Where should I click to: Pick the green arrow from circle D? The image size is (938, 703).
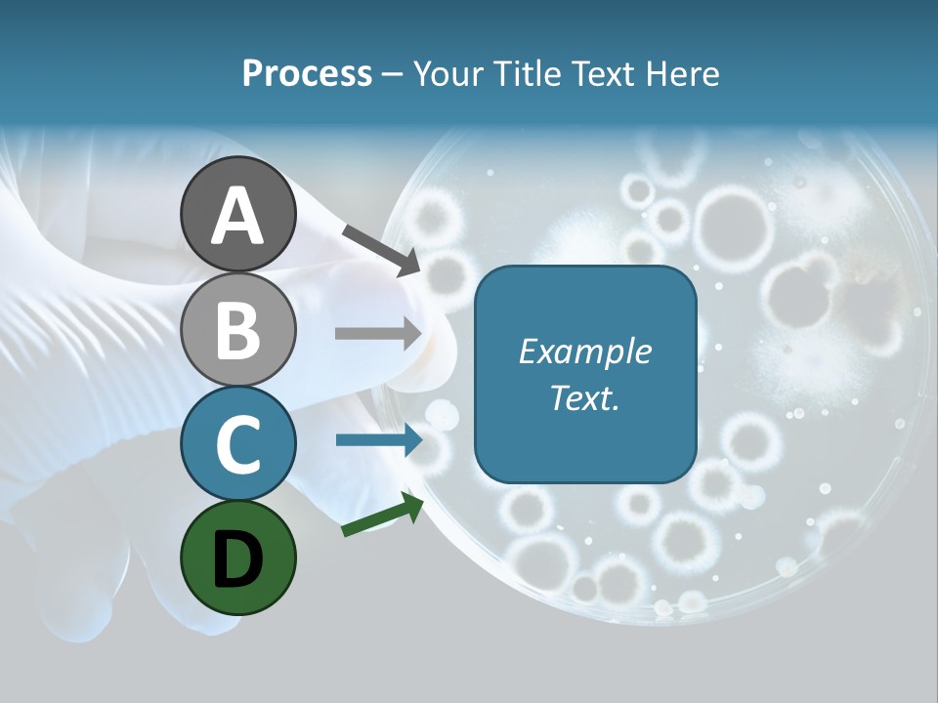pos(382,516)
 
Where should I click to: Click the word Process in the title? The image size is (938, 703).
pos(307,74)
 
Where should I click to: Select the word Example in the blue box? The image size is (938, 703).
pos(584,351)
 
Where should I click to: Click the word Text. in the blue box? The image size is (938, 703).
pos(584,398)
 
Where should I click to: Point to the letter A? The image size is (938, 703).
pos(237,215)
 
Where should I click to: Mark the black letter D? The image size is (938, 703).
pos(237,559)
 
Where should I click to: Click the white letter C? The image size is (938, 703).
pos(237,444)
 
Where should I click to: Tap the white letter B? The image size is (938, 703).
pos(237,330)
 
